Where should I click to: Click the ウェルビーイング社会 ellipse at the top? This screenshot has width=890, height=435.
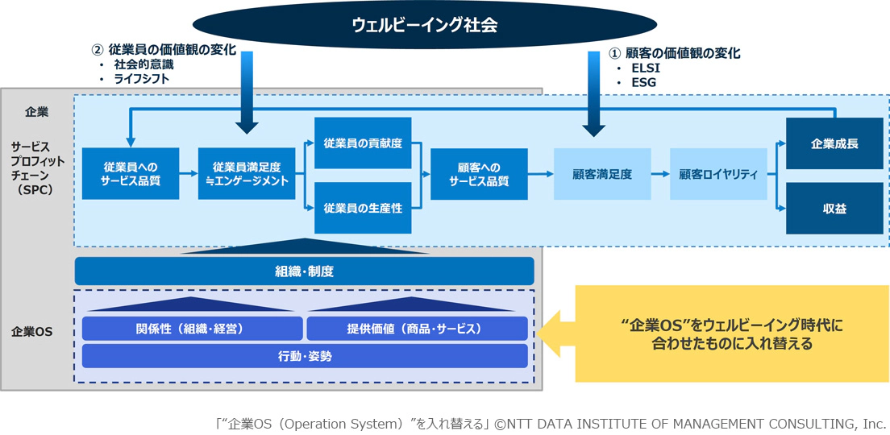click(424, 25)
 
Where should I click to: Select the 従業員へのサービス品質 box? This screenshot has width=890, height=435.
click(131, 174)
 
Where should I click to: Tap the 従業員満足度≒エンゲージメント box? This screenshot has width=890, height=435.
click(247, 174)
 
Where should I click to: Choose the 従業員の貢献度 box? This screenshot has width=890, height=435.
click(363, 143)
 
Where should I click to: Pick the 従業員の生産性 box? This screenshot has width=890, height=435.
click(363, 208)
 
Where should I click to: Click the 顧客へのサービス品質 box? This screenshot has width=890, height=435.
click(479, 174)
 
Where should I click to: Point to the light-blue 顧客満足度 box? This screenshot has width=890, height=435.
click(602, 174)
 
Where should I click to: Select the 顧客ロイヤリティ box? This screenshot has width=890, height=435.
click(718, 174)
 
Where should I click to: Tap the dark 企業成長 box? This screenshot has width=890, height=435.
click(834, 143)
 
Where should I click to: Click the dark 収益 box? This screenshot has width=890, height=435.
click(834, 208)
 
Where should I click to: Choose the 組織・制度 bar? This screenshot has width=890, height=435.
click(304, 271)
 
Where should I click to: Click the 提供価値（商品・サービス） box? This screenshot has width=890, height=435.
click(417, 329)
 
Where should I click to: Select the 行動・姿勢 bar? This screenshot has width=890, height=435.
click(304, 356)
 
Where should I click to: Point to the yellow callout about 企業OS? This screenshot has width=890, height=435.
click(732, 333)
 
